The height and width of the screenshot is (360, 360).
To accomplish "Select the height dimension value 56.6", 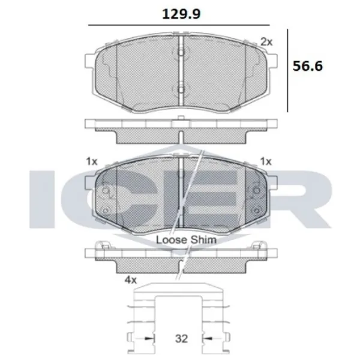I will [307, 66].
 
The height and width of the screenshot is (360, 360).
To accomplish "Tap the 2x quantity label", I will [266, 42].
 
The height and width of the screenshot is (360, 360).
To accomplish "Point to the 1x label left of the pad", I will [91, 161].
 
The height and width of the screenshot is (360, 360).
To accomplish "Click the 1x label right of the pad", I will [266, 161].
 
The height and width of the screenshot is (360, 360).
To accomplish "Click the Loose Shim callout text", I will [186, 239].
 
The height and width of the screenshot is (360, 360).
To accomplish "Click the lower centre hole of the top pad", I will [181, 90].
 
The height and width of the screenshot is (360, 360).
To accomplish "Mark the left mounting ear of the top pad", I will [89, 62].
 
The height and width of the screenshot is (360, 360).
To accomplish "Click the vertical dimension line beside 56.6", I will [290, 69].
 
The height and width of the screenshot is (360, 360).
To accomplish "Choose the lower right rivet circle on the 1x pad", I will [257, 210].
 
